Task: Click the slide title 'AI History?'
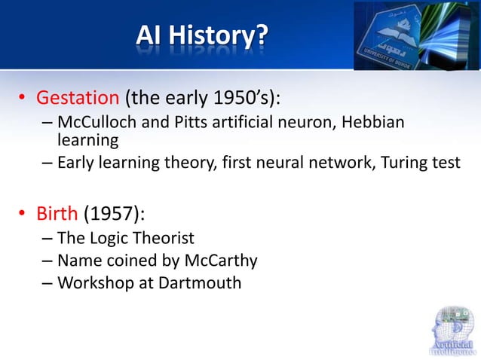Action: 201,35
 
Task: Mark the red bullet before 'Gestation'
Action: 23,99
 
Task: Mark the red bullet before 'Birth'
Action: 23,215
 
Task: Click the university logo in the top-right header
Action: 417,35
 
